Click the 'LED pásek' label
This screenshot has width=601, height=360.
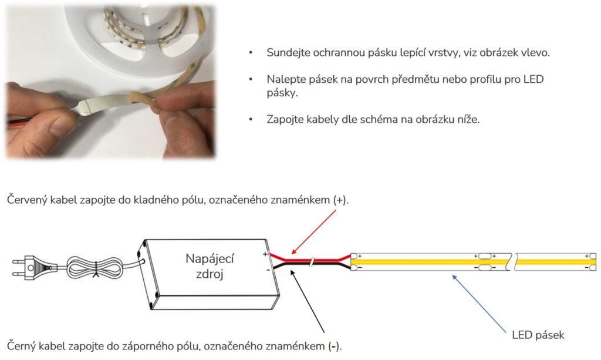tap(538, 335)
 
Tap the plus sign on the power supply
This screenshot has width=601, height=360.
tap(265, 254)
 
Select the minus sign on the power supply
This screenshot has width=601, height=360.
tap(267, 270)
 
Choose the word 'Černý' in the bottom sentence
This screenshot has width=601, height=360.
tap(21, 345)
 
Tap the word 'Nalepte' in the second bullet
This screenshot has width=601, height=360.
tap(285, 79)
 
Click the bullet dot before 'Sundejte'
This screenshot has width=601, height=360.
tap(251, 53)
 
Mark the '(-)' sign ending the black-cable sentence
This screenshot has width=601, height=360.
tap(335, 345)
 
